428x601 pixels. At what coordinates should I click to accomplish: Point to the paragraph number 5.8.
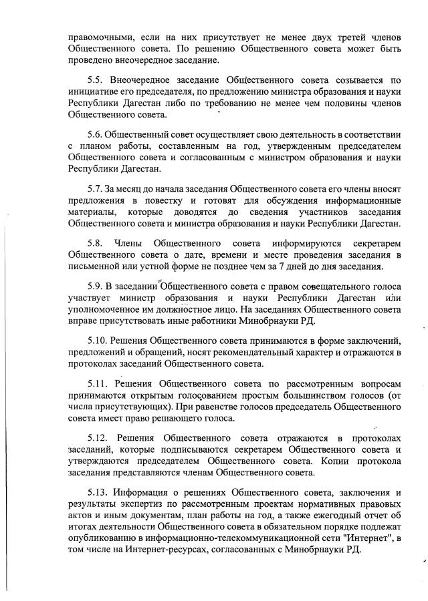coord(96,244)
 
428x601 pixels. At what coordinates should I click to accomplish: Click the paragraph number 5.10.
coord(99,339)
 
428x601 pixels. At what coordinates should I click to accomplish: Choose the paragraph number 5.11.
coord(99,383)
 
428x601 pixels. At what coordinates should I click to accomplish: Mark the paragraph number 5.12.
coord(99,437)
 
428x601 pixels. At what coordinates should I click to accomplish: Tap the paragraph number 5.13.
coord(99,491)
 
